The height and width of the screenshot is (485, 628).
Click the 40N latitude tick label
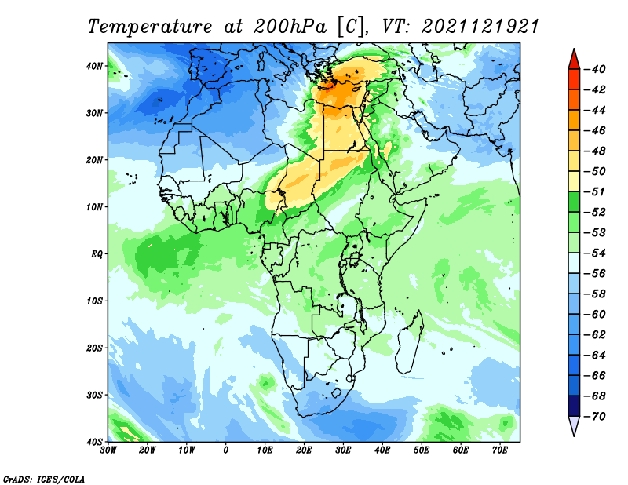tap(94, 66)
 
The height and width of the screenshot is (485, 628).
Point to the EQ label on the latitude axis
tap(97, 254)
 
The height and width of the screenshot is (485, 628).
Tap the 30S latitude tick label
tap(94, 396)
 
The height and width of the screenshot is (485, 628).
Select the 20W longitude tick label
tap(147, 450)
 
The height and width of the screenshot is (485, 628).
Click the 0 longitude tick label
tap(225, 450)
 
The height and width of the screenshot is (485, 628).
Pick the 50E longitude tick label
tap(422, 450)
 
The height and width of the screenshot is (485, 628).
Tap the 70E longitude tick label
tap(499, 450)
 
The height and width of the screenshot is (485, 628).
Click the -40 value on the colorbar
tap(596, 69)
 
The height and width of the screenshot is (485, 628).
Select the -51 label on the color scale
tap(596, 191)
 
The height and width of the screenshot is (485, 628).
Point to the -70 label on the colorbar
tap(596, 417)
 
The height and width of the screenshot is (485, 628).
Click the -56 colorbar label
tap(596, 274)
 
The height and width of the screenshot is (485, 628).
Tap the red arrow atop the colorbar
tap(574, 60)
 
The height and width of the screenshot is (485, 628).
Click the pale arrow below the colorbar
tap(574, 426)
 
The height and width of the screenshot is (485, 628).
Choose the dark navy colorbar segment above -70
tap(574, 406)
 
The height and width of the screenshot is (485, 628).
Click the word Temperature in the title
tap(150, 27)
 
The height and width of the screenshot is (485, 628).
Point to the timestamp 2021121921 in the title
tap(480, 27)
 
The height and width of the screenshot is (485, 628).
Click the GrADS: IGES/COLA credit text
tap(44, 479)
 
